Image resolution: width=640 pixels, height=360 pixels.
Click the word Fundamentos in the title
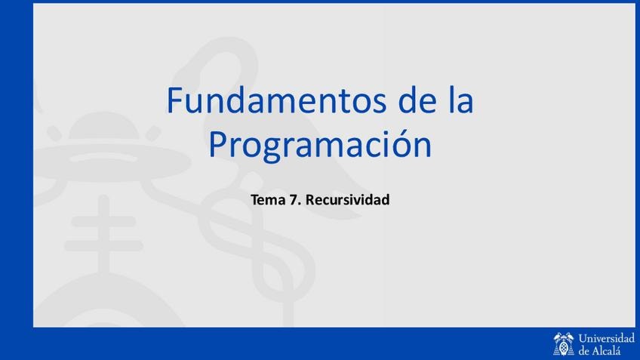(276, 100)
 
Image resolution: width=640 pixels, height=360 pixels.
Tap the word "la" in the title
(461, 99)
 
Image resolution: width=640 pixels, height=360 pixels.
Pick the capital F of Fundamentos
(174, 100)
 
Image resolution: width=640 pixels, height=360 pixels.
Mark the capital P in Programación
(217, 144)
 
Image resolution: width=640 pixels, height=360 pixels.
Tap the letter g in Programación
(268, 149)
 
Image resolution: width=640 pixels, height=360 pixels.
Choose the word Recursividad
(348, 199)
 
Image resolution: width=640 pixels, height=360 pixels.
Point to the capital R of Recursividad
(310, 200)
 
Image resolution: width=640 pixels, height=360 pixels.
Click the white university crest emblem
(564, 344)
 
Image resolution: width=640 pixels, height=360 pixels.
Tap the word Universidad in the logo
(607, 338)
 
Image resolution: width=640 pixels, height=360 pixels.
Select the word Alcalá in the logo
(606, 350)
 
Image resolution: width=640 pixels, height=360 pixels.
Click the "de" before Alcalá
(583, 351)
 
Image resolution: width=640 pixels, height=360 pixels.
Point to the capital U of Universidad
(583, 338)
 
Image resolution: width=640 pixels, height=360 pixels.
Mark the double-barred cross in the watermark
(103, 232)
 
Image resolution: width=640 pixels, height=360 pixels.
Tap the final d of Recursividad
(385, 199)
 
